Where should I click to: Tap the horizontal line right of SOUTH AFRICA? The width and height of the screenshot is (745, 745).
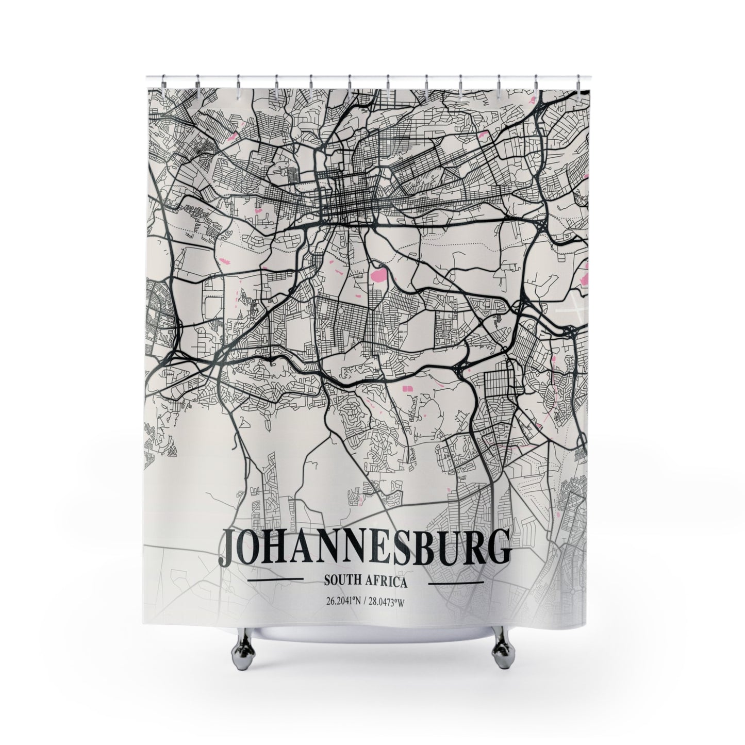click(456, 583)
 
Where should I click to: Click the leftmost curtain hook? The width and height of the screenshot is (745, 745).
click(163, 81)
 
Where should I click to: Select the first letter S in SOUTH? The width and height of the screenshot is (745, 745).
click(327, 582)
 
